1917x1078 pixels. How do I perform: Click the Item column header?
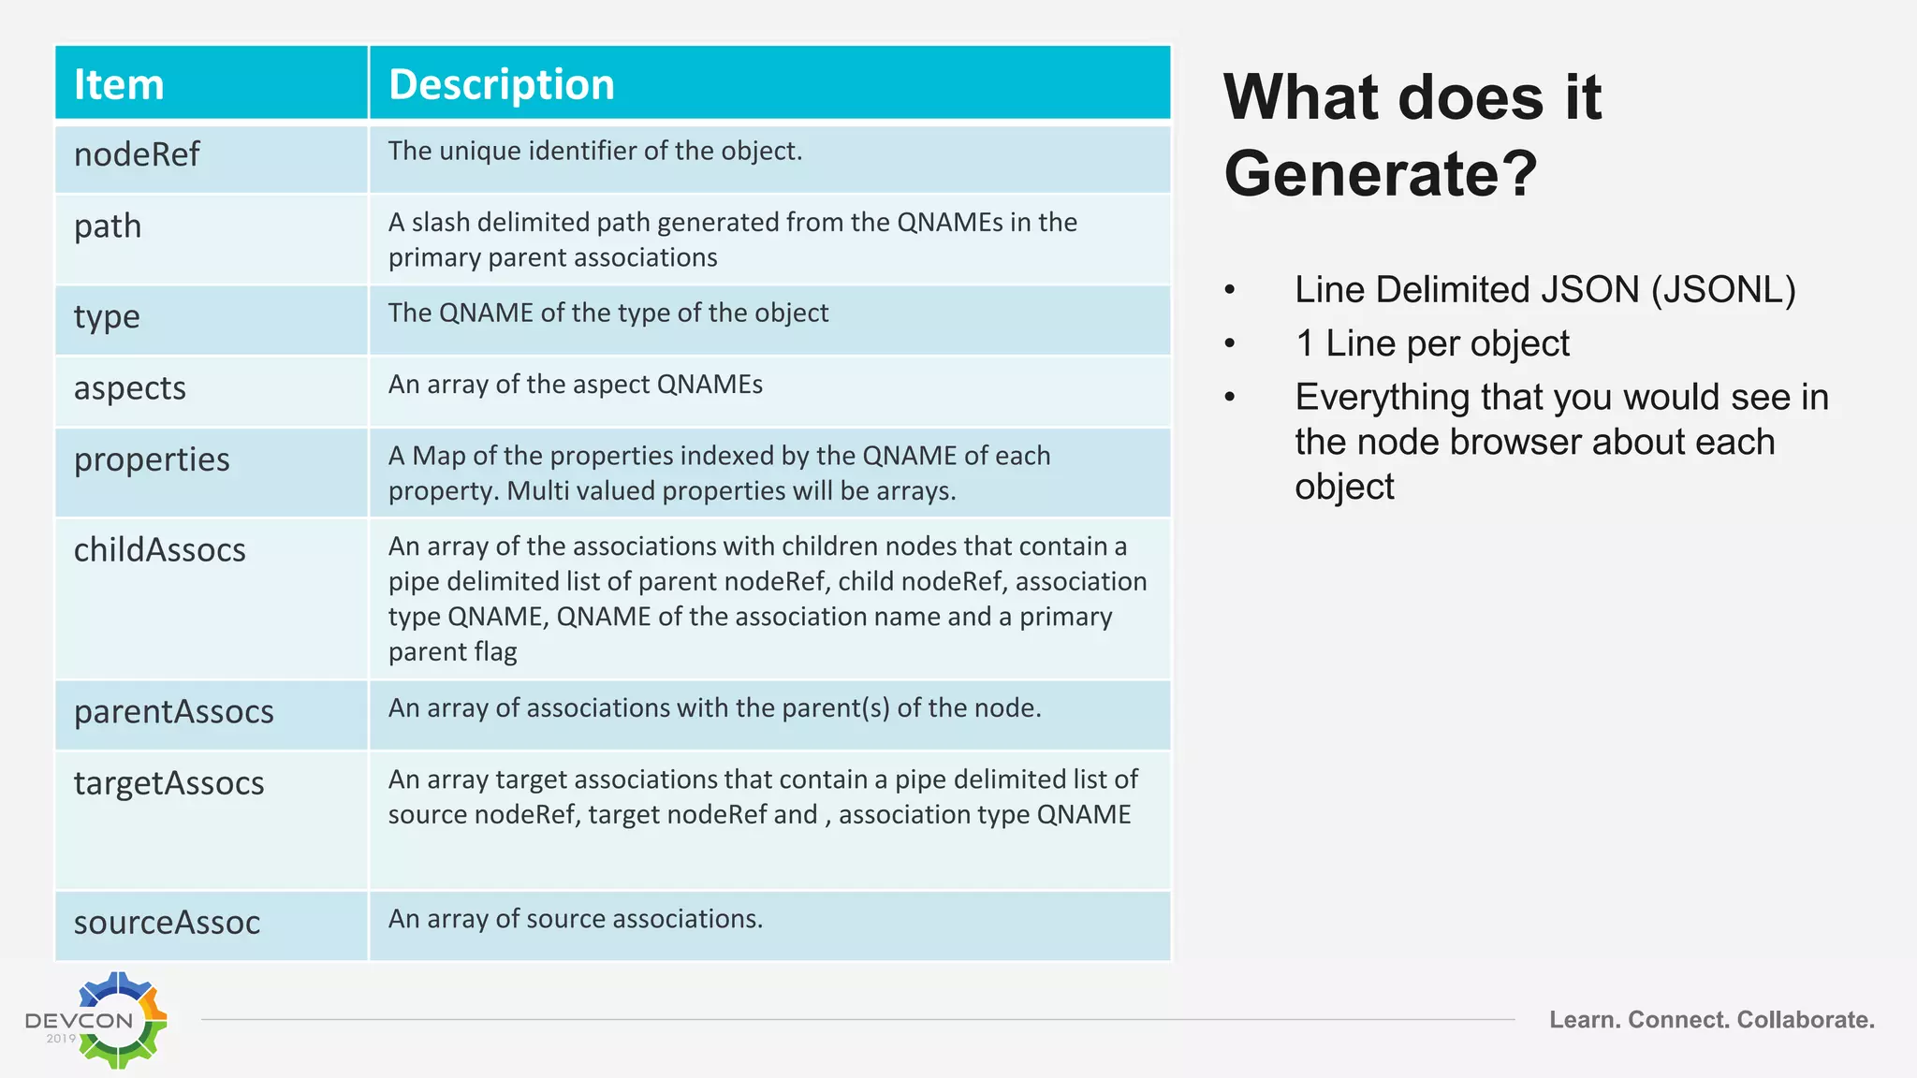click(x=119, y=84)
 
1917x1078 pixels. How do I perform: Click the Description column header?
click(x=501, y=84)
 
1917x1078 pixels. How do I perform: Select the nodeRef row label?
click(x=137, y=154)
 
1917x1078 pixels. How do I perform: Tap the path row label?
click(x=108, y=226)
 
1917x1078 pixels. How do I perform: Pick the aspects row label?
click(x=130, y=387)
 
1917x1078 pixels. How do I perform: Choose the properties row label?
click(x=152, y=459)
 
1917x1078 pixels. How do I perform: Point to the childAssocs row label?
click(x=159, y=549)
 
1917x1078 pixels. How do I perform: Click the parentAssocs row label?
click(x=173, y=711)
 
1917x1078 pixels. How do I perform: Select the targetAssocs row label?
click(x=168, y=782)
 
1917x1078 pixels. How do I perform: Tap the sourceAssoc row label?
click(x=167, y=922)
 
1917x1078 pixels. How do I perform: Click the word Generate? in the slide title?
click(x=1381, y=174)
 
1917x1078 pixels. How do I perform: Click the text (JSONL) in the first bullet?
click(x=1722, y=289)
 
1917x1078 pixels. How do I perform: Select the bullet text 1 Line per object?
click(x=1432, y=343)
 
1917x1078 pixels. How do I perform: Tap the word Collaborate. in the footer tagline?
click(x=1806, y=1019)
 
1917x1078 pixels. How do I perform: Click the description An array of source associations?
click(x=576, y=919)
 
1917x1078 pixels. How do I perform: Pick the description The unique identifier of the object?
click(x=595, y=151)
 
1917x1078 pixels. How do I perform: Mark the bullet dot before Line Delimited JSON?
click(x=1230, y=291)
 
